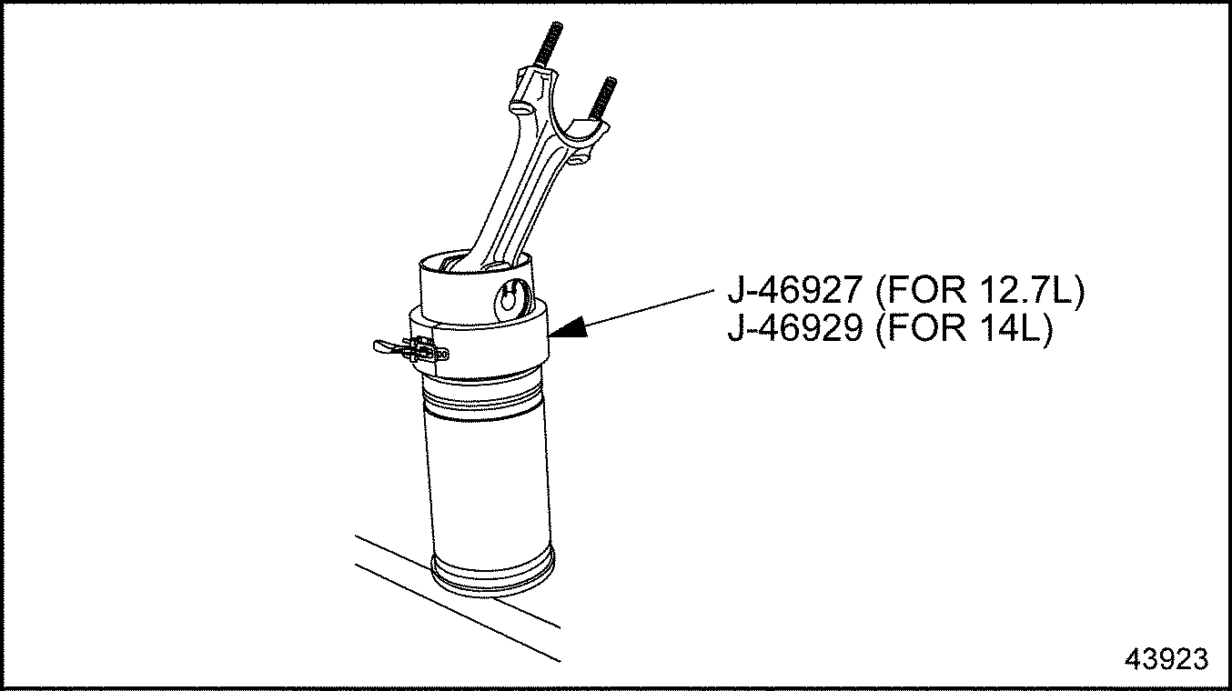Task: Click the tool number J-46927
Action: pyautogui.click(x=794, y=290)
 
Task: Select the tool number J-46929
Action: pyautogui.click(x=794, y=328)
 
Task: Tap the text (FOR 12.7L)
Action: pyautogui.click(x=980, y=290)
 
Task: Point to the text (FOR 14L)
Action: pyautogui.click(x=964, y=329)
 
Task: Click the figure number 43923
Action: pyautogui.click(x=1166, y=658)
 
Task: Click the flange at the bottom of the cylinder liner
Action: pyautogui.click(x=493, y=575)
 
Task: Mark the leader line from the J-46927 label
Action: pyautogui.click(x=650, y=309)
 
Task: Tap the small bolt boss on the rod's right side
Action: pyautogui.click(x=581, y=158)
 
